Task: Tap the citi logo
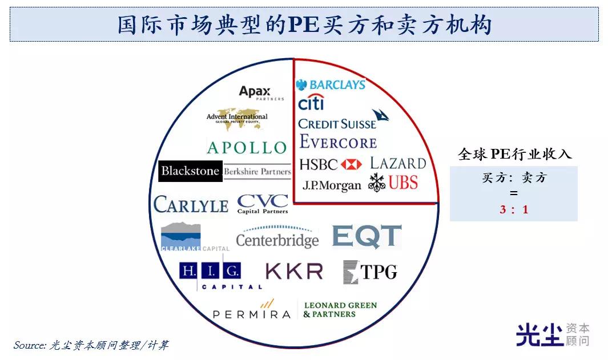(x=311, y=103)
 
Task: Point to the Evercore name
(x=338, y=141)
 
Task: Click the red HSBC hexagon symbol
(x=352, y=165)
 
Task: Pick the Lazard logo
(x=398, y=163)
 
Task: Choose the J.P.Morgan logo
(x=332, y=185)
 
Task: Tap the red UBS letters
(x=404, y=183)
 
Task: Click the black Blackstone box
(x=190, y=171)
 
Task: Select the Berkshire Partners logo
(x=257, y=171)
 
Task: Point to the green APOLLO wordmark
(x=247, y=148)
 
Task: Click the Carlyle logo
(x=191, y=204)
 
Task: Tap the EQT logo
(x=367, y=236)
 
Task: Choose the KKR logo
(x=295, y=271)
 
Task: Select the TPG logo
(x=370, y=272)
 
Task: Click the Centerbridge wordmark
(x=277, y=240)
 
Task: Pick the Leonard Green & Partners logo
(x=340, y=310)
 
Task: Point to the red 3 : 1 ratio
(x=514, y=209)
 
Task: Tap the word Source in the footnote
(x=30, y=345)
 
